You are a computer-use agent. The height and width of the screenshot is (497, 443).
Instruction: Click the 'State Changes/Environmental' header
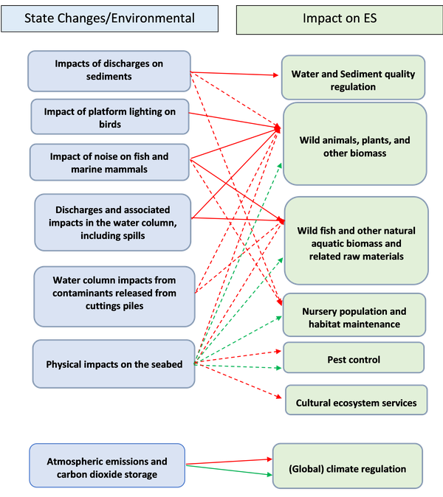pos(110,18)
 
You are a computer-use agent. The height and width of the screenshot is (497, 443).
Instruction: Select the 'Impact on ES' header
pos(340,18)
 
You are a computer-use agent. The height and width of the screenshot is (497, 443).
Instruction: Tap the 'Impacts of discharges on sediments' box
pos(109,70)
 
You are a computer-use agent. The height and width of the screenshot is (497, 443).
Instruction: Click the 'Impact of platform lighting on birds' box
pos(109,118)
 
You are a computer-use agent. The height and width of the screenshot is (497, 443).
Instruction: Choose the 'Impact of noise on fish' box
pos(109,163)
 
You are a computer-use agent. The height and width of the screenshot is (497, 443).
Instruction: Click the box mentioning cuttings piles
pos(114,293)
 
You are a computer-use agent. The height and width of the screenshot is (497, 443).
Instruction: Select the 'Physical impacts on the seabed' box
pos(114,364)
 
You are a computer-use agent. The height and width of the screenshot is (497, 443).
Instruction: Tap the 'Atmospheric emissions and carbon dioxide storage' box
pos(107,468)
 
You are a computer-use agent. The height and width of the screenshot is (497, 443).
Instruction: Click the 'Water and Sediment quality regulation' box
pos(353,80)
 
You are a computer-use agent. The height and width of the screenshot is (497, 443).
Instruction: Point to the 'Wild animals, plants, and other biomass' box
pos(354,146)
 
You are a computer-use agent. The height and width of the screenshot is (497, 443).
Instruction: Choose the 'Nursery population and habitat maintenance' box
pos(354,318)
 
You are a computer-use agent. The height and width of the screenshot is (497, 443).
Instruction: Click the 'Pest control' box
pos(354,360)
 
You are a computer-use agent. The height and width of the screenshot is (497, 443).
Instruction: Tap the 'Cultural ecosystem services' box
pos(356,403)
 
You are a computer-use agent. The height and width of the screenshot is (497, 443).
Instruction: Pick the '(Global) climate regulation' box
pos(347,468)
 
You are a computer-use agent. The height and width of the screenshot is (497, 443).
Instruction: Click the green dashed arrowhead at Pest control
pos(278,366)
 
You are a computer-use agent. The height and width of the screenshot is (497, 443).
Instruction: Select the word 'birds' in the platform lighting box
pos(109,125)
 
